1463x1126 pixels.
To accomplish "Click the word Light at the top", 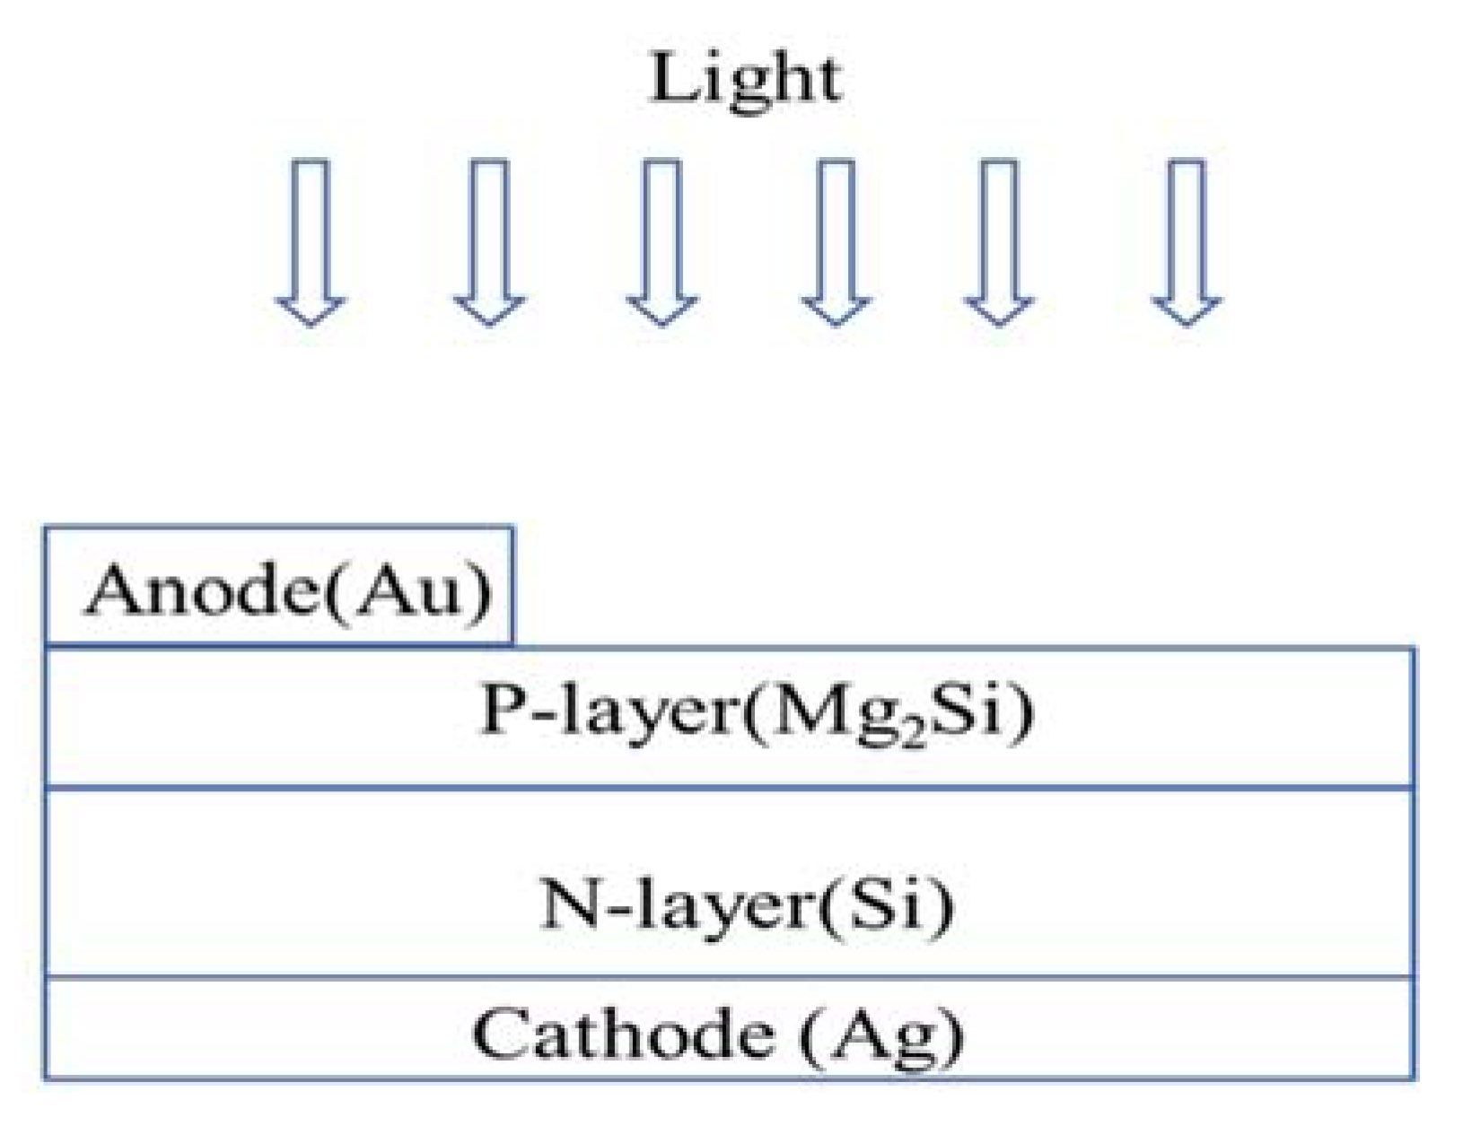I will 744,80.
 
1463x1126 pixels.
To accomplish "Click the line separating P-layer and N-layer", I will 729,788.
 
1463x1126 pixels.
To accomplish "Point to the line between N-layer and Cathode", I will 729,977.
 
